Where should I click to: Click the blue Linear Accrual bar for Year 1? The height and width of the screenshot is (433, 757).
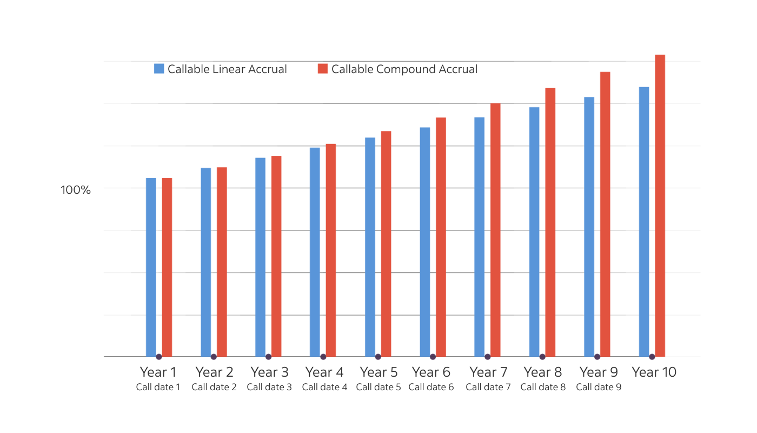pyautogui.click(x=151, y=267)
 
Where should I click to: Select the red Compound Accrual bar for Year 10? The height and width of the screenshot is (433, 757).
pyautogui.click(x=660, y=206)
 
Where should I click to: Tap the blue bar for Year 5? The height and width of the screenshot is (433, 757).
pyautogui.click(x=370, y=247)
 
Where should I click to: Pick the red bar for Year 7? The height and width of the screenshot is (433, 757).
pyautogui.click(x=495, y=230)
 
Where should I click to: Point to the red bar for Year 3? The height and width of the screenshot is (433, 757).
pyautogui.click(x=276, y=256)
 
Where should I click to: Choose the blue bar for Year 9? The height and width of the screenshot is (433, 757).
pyautogui.click(x=589, y=227)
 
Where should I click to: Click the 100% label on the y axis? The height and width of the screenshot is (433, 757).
pyautogui.click(x=75, y=190)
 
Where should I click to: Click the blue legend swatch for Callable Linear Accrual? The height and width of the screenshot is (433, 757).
pyautogui.click(x=159, y=69)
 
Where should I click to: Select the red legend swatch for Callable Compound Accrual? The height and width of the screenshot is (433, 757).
pyautogui.click(x=323, y=69)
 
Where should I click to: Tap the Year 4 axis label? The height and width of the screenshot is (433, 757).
pyautogui.click(x=324, y=372)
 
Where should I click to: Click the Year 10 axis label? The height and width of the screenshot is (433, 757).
pyautogui.click(x=654, y=372)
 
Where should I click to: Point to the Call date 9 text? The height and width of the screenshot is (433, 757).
pyautogui.click(x=599, y=387)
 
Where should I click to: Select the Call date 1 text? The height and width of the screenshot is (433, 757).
pyautogui.click(x=158, y=387)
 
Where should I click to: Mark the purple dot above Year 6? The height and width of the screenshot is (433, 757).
pyautogui.click(x=433, y=357)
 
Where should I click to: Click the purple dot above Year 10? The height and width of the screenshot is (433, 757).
pyautogui.click(x=652, y=357)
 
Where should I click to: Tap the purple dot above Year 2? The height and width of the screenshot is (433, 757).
pyautogui.click(x=214, y=357)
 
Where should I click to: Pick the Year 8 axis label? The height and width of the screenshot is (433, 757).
pyautogui.click(x=543, y=372)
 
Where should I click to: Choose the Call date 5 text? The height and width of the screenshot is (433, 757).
pyautogui.click(x=378, y=387)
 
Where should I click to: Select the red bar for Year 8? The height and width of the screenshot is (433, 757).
pyautogui.click(x=550, y=222)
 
